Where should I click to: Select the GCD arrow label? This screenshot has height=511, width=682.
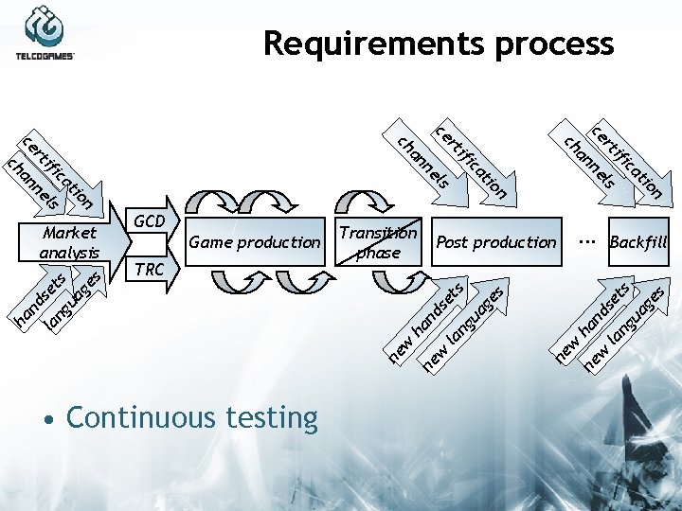pyautogui.click(x=150, y=220)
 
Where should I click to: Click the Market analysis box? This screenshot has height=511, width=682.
pyautogui.click(x=70, y=242)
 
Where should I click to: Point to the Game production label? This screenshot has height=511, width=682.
pyautogui.click(x=255, y=242)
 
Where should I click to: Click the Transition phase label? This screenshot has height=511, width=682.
pyautogui.click(x=378, y=242)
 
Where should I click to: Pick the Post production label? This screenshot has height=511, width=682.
pyautogui.click(x=496, y=242)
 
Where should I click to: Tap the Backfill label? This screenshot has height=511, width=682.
pyautogui.click(x=638, y=242)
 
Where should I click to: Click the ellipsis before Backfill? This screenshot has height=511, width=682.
pyautogui.click(x=587, y=239)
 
